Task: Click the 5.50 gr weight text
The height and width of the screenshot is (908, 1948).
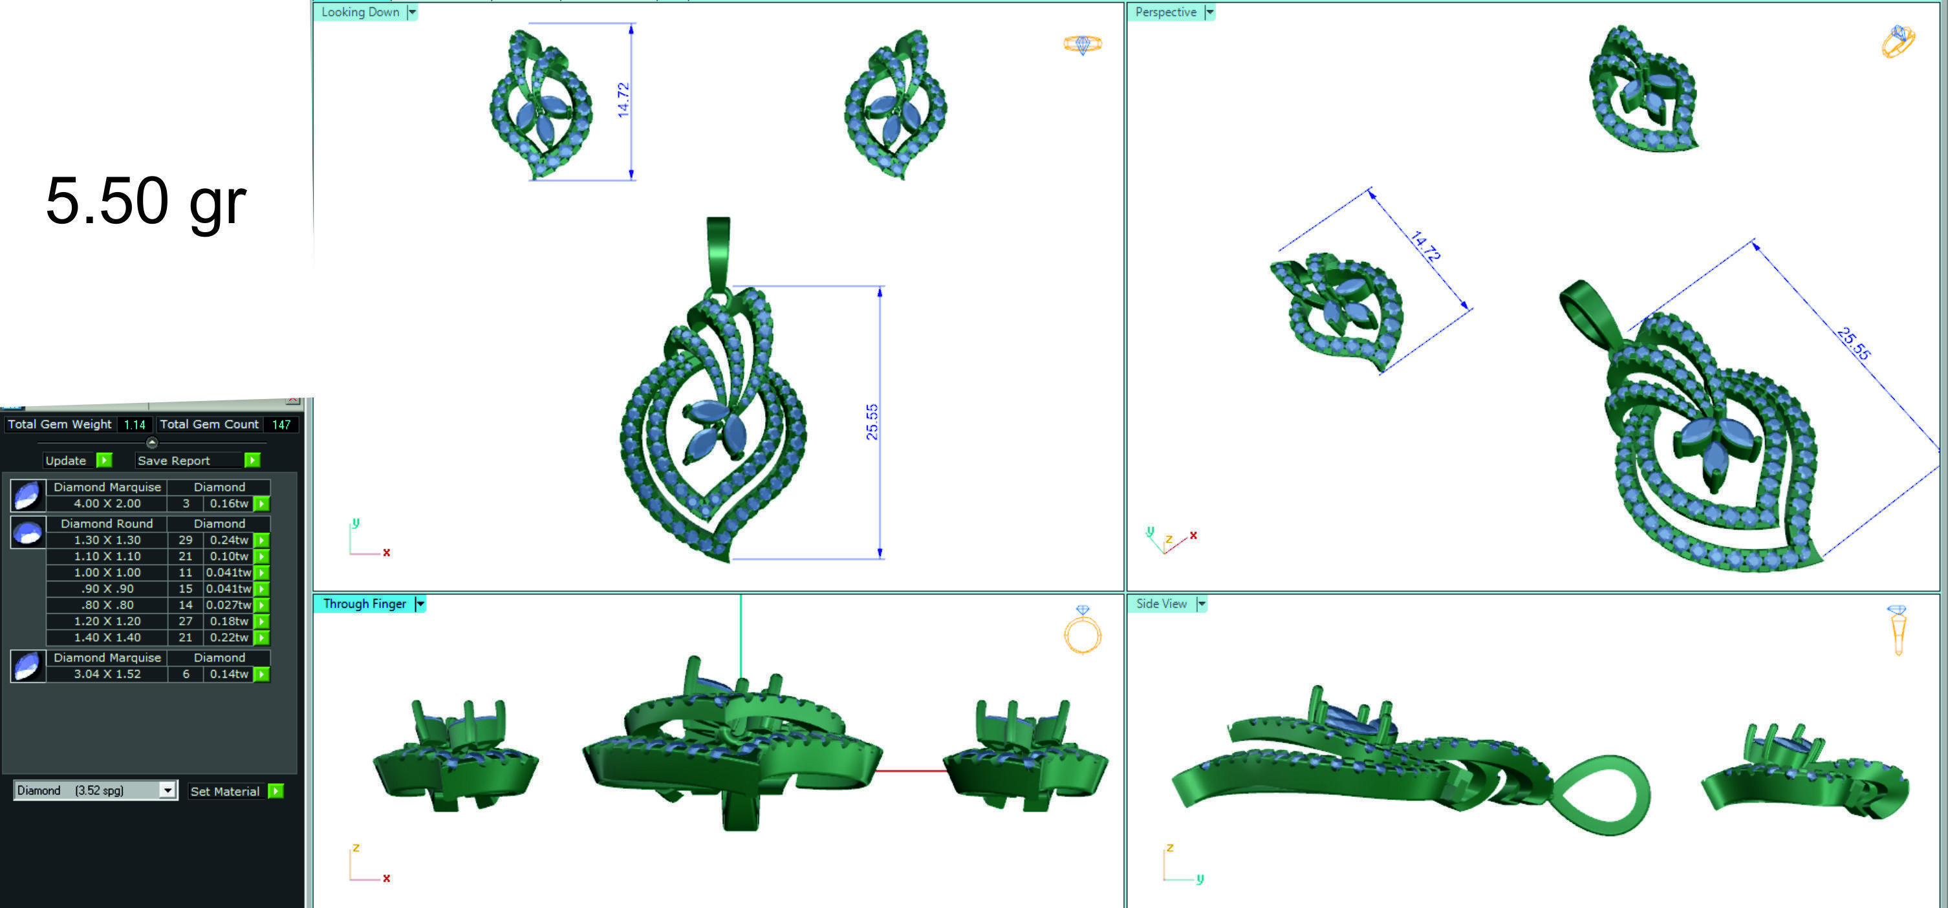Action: (x=146, y=201)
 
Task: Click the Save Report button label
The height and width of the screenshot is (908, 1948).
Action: (x=173, y=460)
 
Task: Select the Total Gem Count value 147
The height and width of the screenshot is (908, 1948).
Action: (x=281, y=425)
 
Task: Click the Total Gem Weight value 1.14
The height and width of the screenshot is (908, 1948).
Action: (x=135, y=425)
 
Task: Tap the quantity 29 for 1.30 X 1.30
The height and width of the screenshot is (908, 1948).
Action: (x=185, y=540)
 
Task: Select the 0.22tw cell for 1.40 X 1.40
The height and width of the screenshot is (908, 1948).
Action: (x=228, y=637)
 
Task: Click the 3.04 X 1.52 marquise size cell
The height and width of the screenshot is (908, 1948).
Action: (x=107, y=674)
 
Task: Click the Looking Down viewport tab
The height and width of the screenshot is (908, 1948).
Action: (x=360, y=12)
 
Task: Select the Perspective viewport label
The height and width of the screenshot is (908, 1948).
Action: (x=1165, y=12)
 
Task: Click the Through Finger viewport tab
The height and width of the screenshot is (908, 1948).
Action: (x=365, y=603)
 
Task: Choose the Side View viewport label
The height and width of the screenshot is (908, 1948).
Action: (x=1161, y=603)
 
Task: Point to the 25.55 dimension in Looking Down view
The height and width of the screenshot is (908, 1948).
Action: (x=872, y=422)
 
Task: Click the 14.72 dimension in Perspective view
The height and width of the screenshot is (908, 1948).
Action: (x=1425, y=246)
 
